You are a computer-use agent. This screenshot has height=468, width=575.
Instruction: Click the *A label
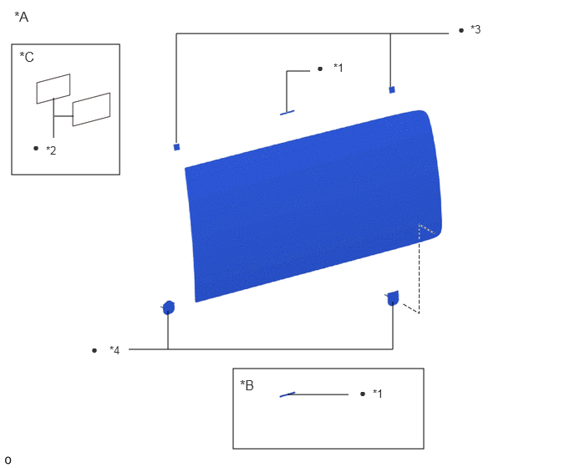(x=21, y=17)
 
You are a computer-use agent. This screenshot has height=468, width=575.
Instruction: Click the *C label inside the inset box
(x=27, y=57)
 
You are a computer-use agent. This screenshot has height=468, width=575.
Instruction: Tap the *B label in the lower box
(x=247, y=385)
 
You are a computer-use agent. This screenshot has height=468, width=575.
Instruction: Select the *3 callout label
(x=476, y=29)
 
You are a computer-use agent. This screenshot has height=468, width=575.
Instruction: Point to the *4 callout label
(x=114, y=350)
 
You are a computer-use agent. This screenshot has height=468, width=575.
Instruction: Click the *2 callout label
(x=51, y=150)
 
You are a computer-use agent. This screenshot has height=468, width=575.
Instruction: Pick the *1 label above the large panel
(x=338, y=68)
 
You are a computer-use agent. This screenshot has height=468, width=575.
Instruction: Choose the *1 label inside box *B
(x=378, y=394)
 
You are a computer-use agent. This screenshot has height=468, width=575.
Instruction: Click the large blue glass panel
(x=313, y=206)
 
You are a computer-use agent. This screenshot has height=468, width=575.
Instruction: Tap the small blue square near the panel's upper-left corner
(x=176, y=147)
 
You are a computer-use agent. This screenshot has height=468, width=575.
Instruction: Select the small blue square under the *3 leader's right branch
(x=392, y=90)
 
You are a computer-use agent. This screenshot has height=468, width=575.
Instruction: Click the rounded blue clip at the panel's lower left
(x=168, y=308)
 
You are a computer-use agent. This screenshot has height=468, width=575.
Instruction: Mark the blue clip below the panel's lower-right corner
(x=392, y=298)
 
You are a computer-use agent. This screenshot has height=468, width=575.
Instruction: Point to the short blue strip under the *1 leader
(x=287, y=113)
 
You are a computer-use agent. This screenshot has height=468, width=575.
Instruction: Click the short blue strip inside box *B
(x=287, y=394)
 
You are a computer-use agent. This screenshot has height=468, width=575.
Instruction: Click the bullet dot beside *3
(x=461, y=30)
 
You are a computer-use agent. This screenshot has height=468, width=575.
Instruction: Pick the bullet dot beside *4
(x=94, y=351)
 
